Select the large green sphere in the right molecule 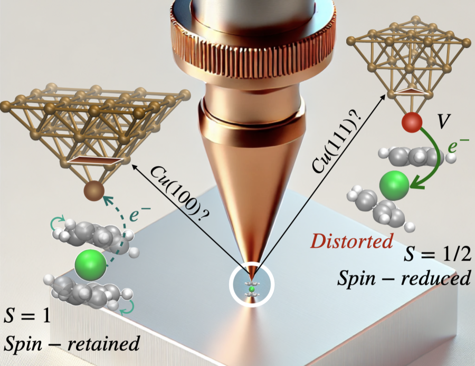(x=394, y=184)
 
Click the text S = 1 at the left (x=25, y=317)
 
